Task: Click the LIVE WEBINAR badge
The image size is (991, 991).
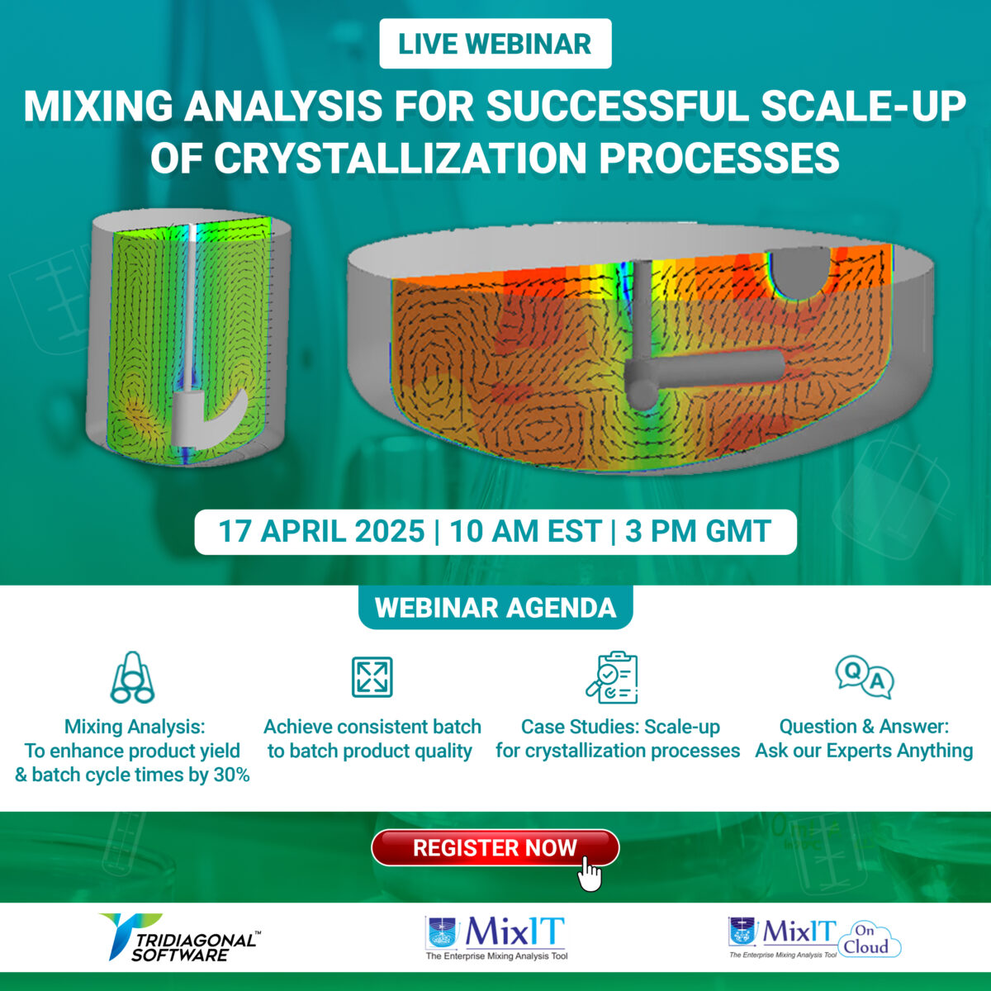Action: (x=495, y=44)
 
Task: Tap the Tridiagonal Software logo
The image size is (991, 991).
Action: (x=177, y=937)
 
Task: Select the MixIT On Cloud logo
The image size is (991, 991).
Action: (x=813, y=938)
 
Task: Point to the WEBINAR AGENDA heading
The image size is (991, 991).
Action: (x=495, y=608)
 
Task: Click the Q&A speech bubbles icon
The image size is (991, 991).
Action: (x=864, y=677)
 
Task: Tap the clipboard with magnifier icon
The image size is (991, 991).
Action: (x=612, y=677)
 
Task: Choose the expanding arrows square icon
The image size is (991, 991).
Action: (x=372, y=677)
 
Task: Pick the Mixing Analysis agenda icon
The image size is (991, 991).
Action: (x=132, y=677)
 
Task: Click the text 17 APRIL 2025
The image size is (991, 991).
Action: (x=321, y=531)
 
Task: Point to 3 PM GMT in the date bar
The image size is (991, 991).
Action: (x=698, y=531)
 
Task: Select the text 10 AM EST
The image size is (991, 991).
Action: (x=525, y=531)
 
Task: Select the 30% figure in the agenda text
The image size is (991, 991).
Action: (x=230, y=775)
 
